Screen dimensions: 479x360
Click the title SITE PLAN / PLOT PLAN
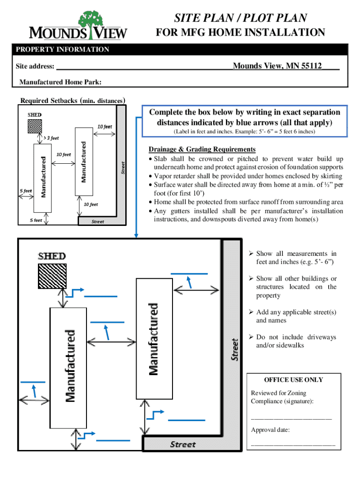tap(240, 18)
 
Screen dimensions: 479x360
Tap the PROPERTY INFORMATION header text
tap(62, 50)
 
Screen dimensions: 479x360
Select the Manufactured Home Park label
tap(61, 83)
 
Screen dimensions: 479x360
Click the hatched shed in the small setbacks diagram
tap(35, 126)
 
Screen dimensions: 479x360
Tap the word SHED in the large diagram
tap(51, 256)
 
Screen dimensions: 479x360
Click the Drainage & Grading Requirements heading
tap(202, 149)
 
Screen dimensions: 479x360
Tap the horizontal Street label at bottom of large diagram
tap(182, 444)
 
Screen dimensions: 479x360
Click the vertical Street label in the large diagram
tap(235, 349)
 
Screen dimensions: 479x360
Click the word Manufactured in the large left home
tap(69, 366)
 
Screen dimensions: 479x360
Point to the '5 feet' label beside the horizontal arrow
tap(26, 191)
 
